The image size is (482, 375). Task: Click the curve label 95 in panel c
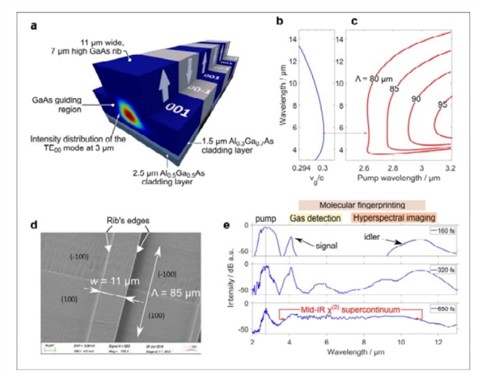click(444, 105)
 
